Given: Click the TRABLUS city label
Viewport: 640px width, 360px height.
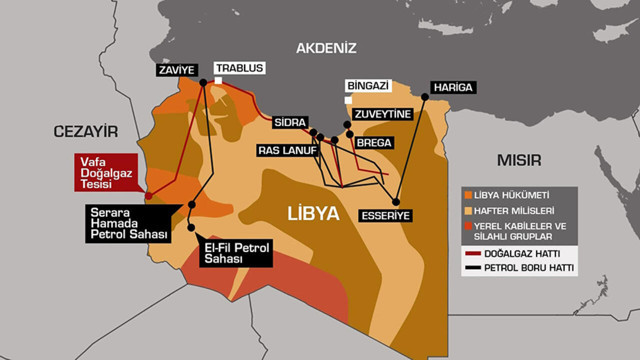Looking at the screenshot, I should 239,68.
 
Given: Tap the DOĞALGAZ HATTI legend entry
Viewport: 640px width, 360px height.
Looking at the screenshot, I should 518,254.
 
